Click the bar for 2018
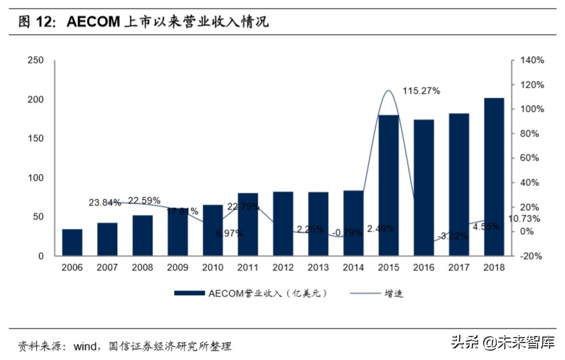494,177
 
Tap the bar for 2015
388,185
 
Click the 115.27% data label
421,91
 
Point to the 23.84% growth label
105,203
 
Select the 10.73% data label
525,219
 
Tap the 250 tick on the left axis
35,61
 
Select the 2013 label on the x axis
318,268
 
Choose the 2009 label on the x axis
177,268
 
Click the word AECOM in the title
92,22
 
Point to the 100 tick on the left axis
35,178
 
